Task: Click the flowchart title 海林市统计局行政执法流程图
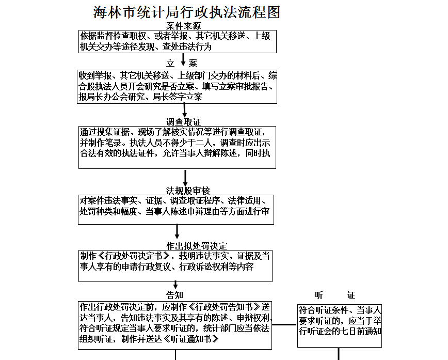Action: pos(186,12)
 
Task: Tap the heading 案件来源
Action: pos(183,26)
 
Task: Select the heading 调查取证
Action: pos(183,122)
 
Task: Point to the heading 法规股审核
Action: pos(188,191)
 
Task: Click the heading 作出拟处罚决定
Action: pos(197,246)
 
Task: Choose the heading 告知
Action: pos(174,295)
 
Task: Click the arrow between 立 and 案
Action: pos(183,59)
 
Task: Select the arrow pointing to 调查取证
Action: pos(185,110)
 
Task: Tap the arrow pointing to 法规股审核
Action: pos(185,178)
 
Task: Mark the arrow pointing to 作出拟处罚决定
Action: pos(177,231)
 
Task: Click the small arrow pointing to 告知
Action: pos(175,285)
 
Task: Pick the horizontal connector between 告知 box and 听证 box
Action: pos(284,324)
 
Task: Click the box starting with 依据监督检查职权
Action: pos(178,41)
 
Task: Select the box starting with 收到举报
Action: pos(177,87)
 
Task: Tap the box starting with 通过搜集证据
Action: pos(177,147)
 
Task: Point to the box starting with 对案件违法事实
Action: pos(176,210)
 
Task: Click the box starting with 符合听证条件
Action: pos(340,326)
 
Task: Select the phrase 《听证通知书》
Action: pos(191,339)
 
